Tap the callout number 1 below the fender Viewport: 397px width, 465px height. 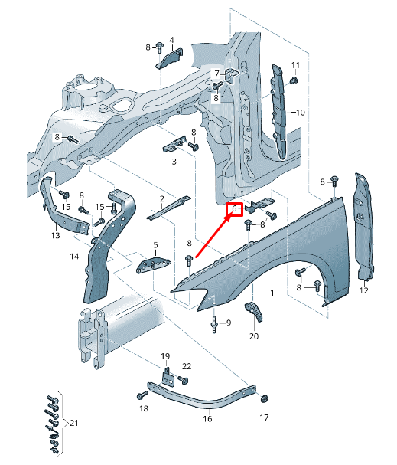click(272, 293)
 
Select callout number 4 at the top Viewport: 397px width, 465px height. click(171, 40)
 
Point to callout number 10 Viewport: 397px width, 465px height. click(299, 113)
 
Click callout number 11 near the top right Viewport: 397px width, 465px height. click(296, 64)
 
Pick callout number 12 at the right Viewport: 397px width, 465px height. click(363, 291)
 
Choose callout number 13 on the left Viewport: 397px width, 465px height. click(55, 236)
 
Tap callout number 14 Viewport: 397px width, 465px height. click(75, 256)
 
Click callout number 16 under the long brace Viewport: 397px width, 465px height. click(207, 419)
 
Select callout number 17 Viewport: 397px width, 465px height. click(264, 418)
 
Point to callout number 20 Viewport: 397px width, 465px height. click(254, 336)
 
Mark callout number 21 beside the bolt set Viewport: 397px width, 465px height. click(73, 423)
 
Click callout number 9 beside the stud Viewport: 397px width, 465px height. click(229, 322)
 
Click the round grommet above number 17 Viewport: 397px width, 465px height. click(264, 399)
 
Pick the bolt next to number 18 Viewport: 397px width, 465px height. click(142, 395)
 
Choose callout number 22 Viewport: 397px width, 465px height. click(187, 367)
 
